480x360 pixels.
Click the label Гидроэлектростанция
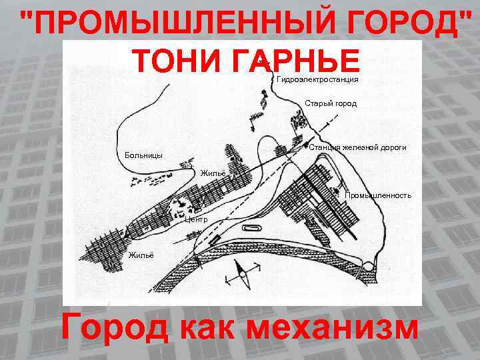(x=317, y=79)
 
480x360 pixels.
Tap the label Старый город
(x=331, y=103)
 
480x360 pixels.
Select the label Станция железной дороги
(x=357, y=147)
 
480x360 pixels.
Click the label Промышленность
(x=378, y=195)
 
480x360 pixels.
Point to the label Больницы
(x=143, y=155)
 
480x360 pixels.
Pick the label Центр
(x=196, y=219)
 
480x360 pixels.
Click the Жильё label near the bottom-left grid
(x=141, y=255)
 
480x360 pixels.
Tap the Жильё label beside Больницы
(x=213, y=173)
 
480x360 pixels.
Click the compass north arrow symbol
(x=243, y=274)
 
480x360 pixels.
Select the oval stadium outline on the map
(x=252, y=228)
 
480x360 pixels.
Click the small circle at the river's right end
(x=368, y=267)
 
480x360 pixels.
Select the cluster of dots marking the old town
(x=298, y=119)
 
